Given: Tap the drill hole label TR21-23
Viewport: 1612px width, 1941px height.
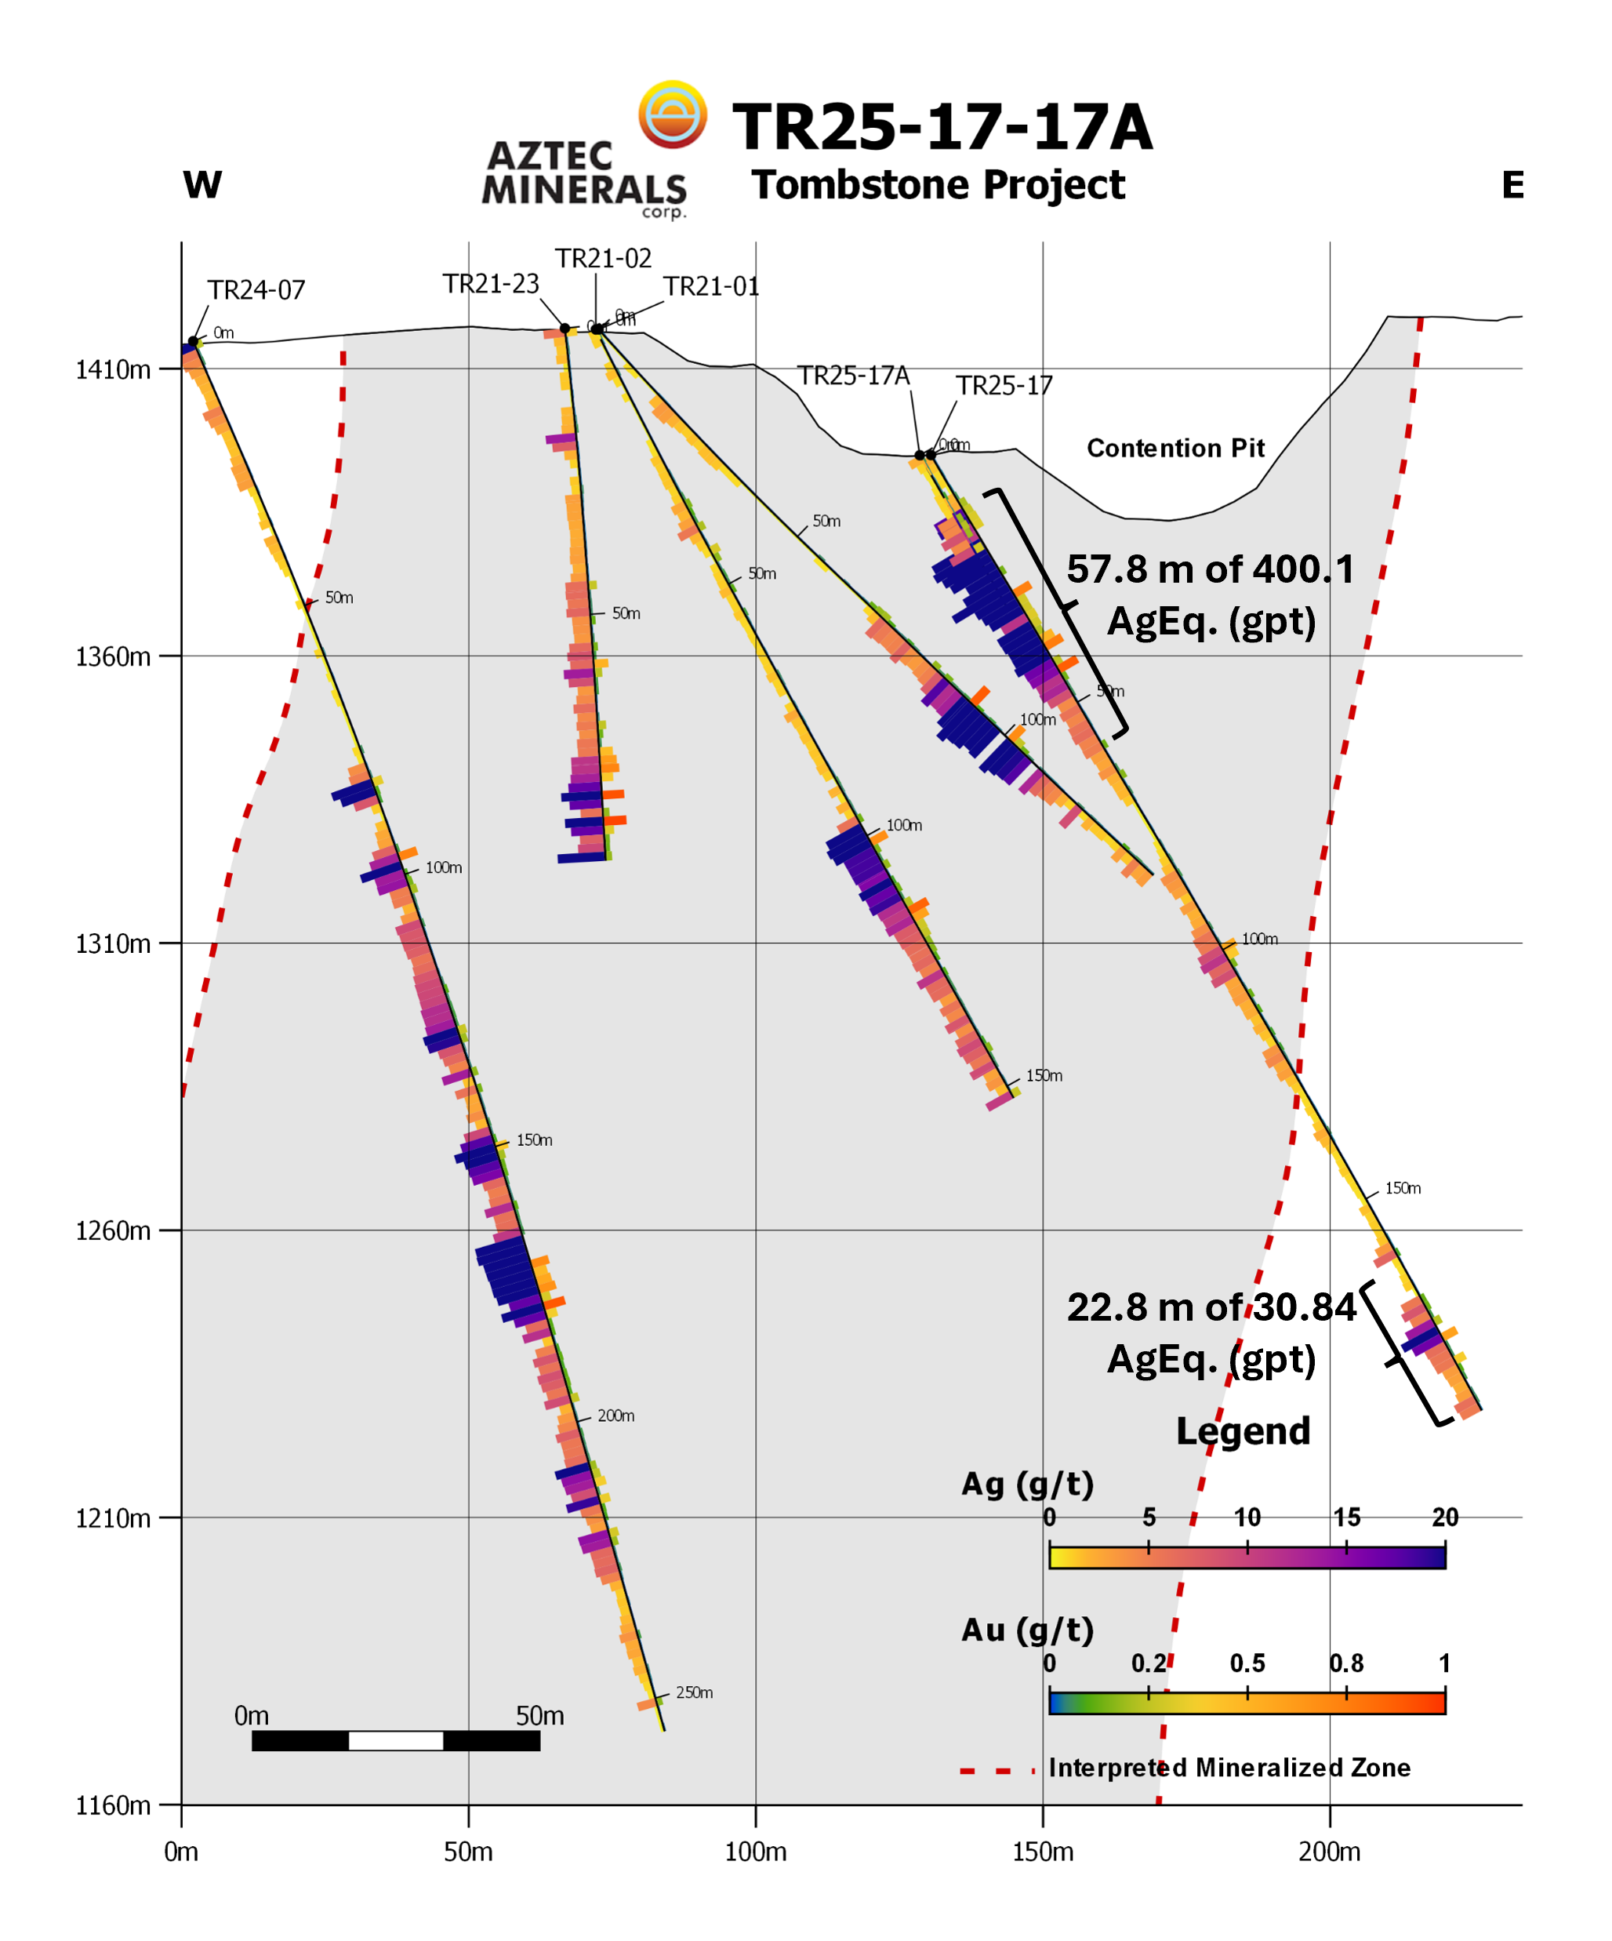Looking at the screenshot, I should [490, 284].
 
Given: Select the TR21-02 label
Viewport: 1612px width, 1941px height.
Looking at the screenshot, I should [603, 259].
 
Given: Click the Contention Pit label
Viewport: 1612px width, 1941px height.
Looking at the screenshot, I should [1175, 449].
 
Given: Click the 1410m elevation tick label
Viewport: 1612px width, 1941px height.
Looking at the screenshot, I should [113, 369].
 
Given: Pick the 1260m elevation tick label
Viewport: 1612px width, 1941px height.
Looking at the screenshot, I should [113, 1231].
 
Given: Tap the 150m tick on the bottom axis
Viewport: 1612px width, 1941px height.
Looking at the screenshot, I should [1043, 1852].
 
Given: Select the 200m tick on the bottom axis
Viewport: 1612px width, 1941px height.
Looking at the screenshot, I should [1329, 1852].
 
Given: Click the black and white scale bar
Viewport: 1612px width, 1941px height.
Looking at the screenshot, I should [396, 1740].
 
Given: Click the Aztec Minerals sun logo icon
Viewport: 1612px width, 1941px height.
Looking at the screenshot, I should [672, 114].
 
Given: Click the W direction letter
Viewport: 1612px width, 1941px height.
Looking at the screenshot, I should [202, 185].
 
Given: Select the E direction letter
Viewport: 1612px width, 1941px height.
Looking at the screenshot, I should [1512, 185].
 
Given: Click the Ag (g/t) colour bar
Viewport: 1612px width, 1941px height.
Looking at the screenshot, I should [1247, 1557].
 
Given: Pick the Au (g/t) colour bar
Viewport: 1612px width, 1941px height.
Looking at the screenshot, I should [1247, 1702].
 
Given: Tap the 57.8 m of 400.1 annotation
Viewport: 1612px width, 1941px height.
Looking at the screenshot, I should [1210, 569].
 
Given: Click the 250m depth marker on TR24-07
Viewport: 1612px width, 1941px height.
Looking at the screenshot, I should [693, 1692].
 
